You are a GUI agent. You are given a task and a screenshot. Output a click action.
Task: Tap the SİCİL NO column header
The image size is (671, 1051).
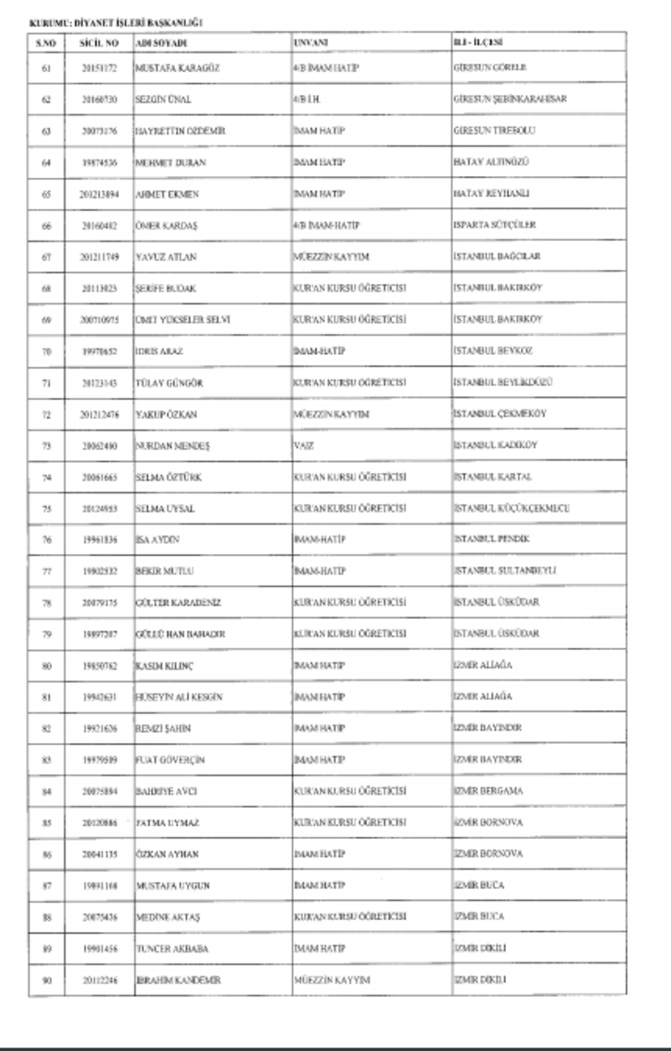pyautogui.click(x=96, y=42)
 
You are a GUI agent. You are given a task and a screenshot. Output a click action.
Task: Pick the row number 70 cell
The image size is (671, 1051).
pyautogui.click(x=46, y=350)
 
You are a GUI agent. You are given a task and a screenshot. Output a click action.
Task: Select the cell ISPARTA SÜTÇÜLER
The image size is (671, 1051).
pyautogui.click(x=494, y=225)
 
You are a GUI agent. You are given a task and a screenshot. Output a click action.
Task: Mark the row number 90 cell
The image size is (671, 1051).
pyautogui.click(x=46, y=980)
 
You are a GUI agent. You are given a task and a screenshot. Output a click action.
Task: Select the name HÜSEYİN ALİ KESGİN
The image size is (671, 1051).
pyautogui.click(x=179, y=696)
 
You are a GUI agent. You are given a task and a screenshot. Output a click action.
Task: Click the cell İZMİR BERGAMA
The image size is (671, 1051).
pyautogui.click(x=489, y=791)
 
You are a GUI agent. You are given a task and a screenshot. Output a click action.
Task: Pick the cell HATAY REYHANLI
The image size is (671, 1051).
pyautogui.click(x=491, y=194)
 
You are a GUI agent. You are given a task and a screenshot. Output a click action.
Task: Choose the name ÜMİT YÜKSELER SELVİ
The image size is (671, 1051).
pyautogui.click(x=182, y=319)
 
